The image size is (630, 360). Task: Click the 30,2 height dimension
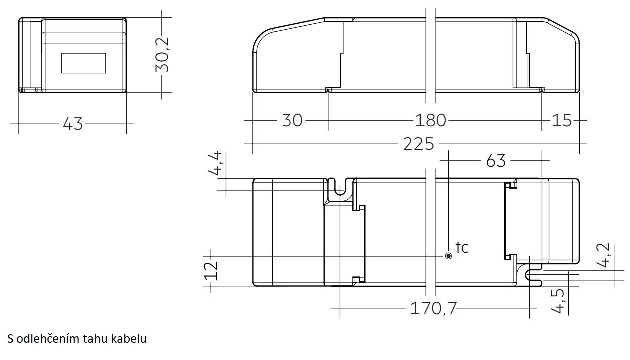tap(162, 55)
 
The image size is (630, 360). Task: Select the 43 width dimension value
tap(73, 124)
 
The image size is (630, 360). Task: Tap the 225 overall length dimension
tap(419, 144)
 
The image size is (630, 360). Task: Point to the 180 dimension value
tap(431, 120)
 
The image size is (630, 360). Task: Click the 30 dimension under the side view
tap(292, 120)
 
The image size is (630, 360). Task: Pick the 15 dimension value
tap(562, 120)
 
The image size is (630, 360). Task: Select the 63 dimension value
tap(496, 161)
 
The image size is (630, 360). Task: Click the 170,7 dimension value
tap(433, 308)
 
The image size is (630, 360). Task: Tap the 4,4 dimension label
tap(215, 163)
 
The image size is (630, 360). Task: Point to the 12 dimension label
tap(211, 271)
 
